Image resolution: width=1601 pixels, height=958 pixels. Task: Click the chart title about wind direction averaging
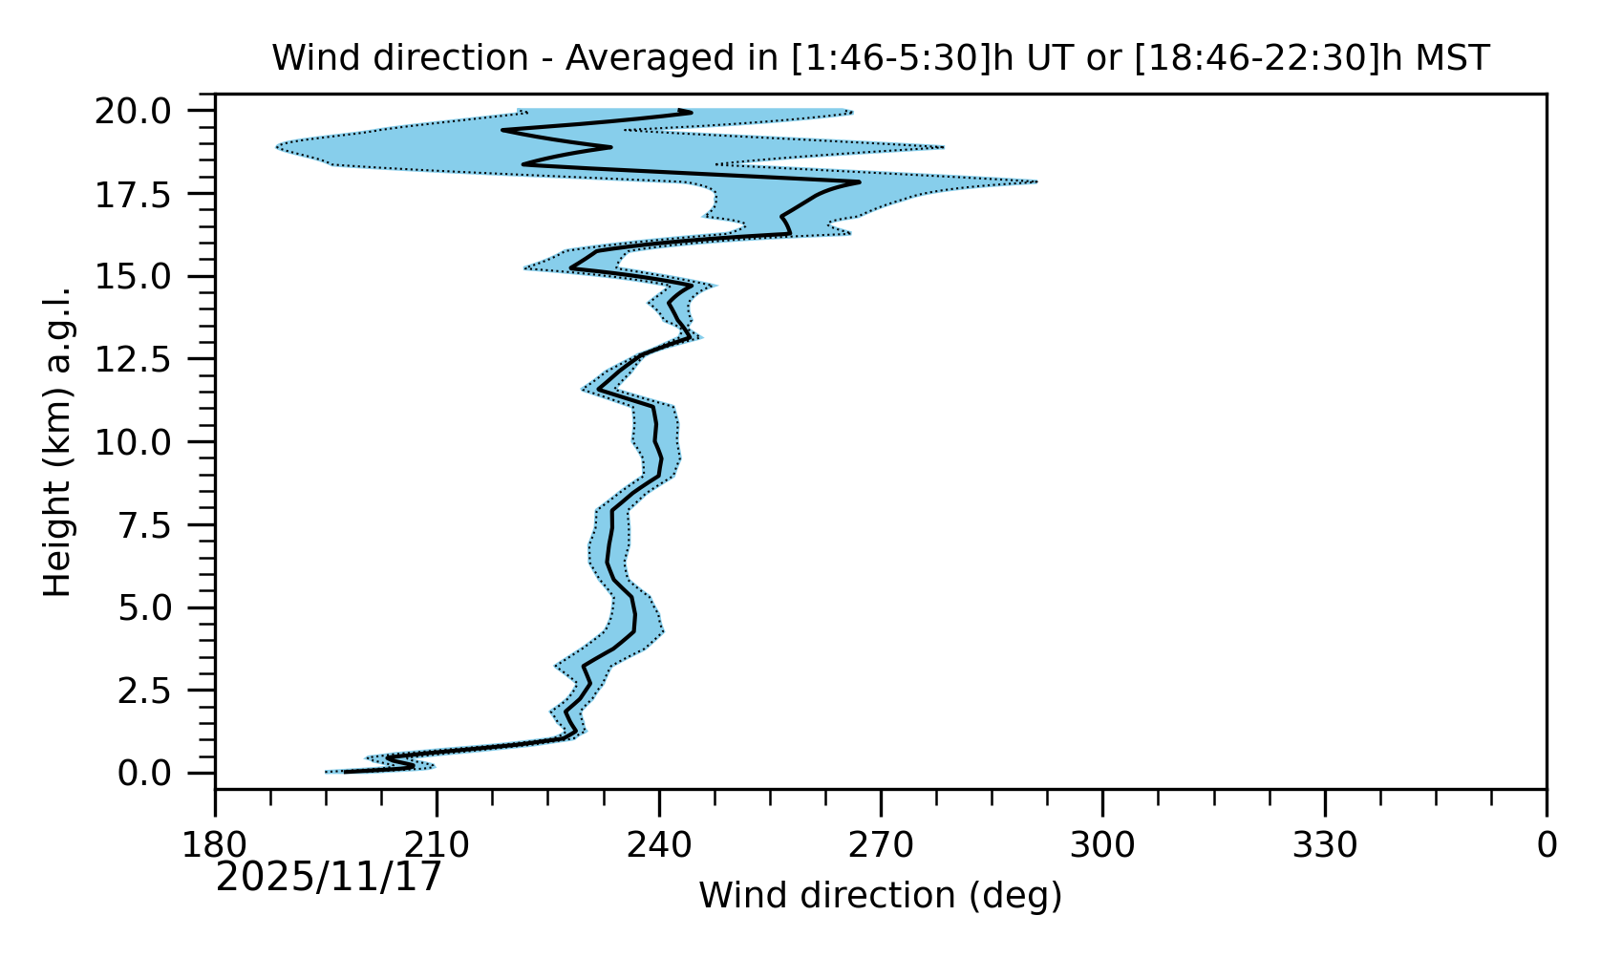click(x=880, y=58)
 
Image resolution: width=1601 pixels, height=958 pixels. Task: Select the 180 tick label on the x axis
click(x=215, y=846)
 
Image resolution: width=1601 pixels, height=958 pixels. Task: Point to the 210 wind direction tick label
click(x=437, y=846)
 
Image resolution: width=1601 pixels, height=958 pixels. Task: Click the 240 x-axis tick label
click(x=658, y=846)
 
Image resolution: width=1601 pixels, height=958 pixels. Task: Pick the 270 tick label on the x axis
click(x=880, y=846)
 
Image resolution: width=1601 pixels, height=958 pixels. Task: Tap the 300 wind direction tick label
click(x=1101, y=846)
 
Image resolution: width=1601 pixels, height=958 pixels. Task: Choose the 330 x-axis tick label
click(x=1324, y=846)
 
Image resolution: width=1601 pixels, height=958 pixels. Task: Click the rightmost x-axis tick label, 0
click(x=1546, y=846)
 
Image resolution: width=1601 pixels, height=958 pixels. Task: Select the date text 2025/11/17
click(x=329, y=877)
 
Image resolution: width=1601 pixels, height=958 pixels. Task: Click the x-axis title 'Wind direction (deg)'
click(x=880, y=896)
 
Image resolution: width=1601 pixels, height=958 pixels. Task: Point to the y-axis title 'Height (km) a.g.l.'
click(x=59, y=441)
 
